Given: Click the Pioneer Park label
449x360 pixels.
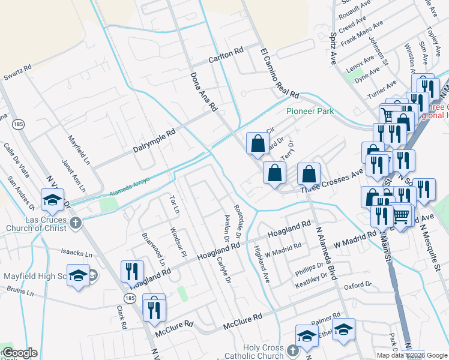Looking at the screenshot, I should click(x=310, y=112).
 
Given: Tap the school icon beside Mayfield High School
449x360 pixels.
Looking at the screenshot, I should click(x=77, y=275).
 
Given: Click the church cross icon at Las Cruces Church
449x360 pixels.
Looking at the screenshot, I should click(x=74, y=223).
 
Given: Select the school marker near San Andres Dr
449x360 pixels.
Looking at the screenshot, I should click(x=52, y=199).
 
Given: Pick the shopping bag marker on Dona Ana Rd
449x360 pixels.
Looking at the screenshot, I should click(x=258, y=144).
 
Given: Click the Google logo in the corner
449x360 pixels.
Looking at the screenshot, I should click(x=20, y=353).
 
